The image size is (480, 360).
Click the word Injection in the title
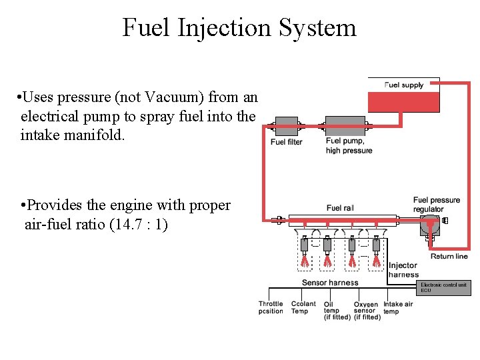214,28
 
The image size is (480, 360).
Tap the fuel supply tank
403,101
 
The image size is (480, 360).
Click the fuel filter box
286,127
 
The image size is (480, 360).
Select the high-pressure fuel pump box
345,127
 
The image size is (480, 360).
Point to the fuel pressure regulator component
429,226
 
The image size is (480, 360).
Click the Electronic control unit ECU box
443,287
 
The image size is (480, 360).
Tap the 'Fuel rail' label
340,208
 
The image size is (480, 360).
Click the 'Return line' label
449,256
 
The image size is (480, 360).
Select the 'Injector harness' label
403,270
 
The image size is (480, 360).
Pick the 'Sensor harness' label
330,283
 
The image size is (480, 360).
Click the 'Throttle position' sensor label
271,307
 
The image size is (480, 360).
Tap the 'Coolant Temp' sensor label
304,307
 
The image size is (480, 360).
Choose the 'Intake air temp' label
398,307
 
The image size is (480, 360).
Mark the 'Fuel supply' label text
404,85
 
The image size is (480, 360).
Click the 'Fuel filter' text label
286,142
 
